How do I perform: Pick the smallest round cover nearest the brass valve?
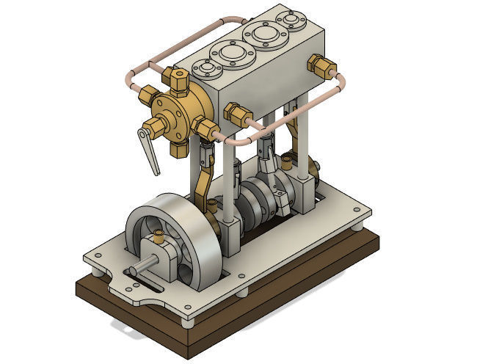pos(207,68)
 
